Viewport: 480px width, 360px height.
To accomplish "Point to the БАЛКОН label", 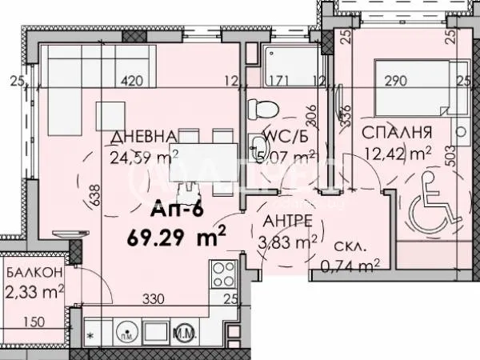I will pos(32,274).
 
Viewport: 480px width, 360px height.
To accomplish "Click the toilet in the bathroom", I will pos(261,107).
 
